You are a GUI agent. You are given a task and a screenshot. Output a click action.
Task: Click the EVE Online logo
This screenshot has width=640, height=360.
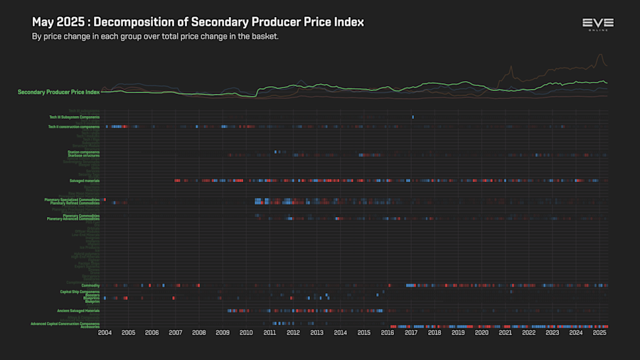click(597, 25)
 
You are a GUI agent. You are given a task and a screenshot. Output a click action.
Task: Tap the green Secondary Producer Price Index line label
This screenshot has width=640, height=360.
click(59, 92)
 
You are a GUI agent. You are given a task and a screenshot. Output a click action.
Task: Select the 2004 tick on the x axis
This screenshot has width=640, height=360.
click(105, 332)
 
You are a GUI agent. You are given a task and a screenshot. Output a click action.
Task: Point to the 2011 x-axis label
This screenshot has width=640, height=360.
click(270, 332)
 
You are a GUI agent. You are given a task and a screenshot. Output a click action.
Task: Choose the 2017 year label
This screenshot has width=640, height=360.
click(411, 332)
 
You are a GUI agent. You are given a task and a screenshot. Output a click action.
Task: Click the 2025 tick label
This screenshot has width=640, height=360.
click(599, 332)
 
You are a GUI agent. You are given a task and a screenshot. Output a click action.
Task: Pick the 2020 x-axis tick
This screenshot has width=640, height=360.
click(481, 332)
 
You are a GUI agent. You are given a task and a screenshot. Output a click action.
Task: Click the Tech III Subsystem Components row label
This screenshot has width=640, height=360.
click(74, 117)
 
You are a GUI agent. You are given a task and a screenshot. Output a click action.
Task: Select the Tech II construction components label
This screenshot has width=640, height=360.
click(74, 127)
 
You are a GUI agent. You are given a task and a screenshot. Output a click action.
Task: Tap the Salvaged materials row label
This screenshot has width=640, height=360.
click(84, 181)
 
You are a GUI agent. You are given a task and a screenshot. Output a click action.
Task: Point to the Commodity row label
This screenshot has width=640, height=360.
click(90, 285)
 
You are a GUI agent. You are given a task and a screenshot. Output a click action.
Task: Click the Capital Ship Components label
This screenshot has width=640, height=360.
click(80, 292)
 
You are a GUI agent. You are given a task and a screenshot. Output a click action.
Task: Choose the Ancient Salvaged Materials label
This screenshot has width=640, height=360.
click(78, 310)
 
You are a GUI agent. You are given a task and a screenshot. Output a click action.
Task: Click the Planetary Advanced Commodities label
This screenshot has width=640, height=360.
click(73, 218)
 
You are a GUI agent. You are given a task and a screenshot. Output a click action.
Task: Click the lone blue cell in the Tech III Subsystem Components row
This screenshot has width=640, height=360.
click(412, 117)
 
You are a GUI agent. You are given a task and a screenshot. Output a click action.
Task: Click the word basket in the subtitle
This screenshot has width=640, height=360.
click(264, 36)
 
